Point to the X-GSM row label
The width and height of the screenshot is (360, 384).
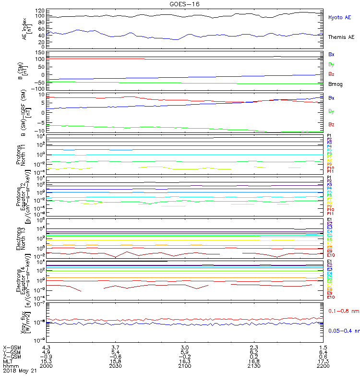tap(12, 347)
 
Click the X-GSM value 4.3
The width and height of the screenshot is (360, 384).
tap(46, 347)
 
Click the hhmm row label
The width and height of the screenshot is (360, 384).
tap(10, 366)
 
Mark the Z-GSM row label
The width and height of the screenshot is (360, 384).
tap(12, 356)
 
